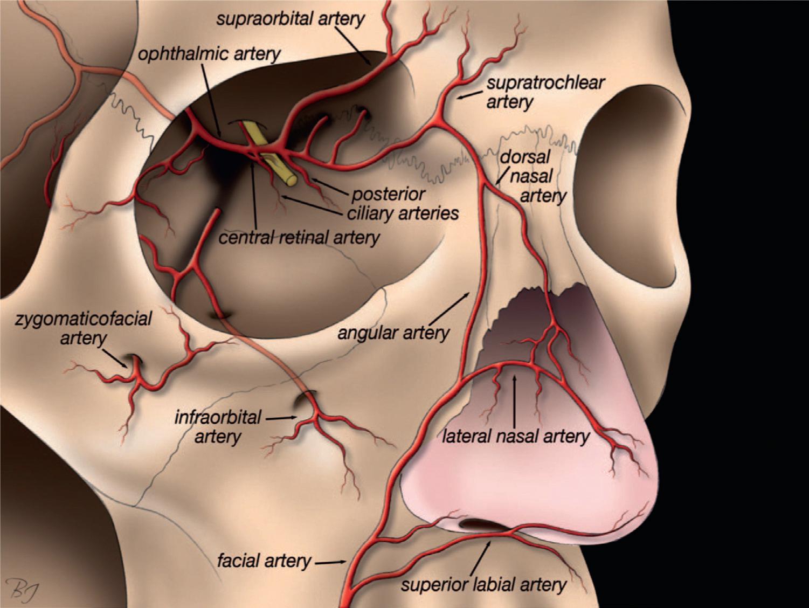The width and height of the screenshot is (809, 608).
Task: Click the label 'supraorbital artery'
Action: tap(290, 19)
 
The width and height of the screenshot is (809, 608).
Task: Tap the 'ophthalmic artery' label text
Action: tap(209, 54)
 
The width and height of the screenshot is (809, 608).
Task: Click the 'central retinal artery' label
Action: tap(299, 237)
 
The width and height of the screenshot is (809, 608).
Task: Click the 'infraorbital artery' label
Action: tap(218, 426)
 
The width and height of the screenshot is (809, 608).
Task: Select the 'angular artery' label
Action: tap(393, 333)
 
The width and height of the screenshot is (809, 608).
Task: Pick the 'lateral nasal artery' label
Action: tap(516, 436)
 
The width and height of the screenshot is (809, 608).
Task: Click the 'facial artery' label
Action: tap(264, 562)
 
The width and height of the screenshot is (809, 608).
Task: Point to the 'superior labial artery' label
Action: tap(483, 585)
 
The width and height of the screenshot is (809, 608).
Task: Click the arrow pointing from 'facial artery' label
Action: tap(330, 563)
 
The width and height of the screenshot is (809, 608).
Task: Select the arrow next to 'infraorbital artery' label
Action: tap(281, 418)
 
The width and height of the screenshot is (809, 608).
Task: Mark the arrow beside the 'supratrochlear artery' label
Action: tap(468, 96)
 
